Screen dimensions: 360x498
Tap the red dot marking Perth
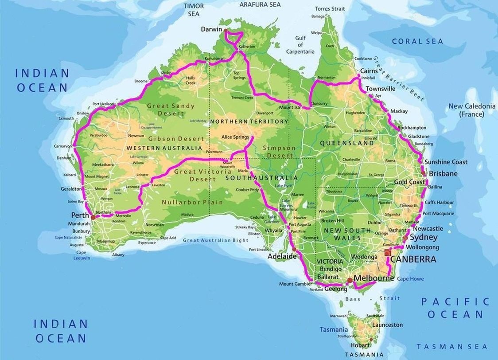(93, 217)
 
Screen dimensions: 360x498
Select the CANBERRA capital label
(413, 259)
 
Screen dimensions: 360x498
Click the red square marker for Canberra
(388, 253)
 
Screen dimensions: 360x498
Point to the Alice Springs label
(235, 137)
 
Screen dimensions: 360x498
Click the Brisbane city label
(443, 174)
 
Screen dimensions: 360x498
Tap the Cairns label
(369, 71)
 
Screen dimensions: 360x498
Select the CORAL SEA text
(417, 41)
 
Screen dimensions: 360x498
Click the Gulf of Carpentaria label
(301, 45)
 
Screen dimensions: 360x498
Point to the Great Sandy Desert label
(165, 110)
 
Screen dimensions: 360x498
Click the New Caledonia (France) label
(472, 110)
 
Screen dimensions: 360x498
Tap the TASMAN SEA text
(452, 347)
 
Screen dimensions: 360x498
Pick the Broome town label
(141, 81)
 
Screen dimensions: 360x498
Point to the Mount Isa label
(289, 107)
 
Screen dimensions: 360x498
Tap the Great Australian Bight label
(216, 240)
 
